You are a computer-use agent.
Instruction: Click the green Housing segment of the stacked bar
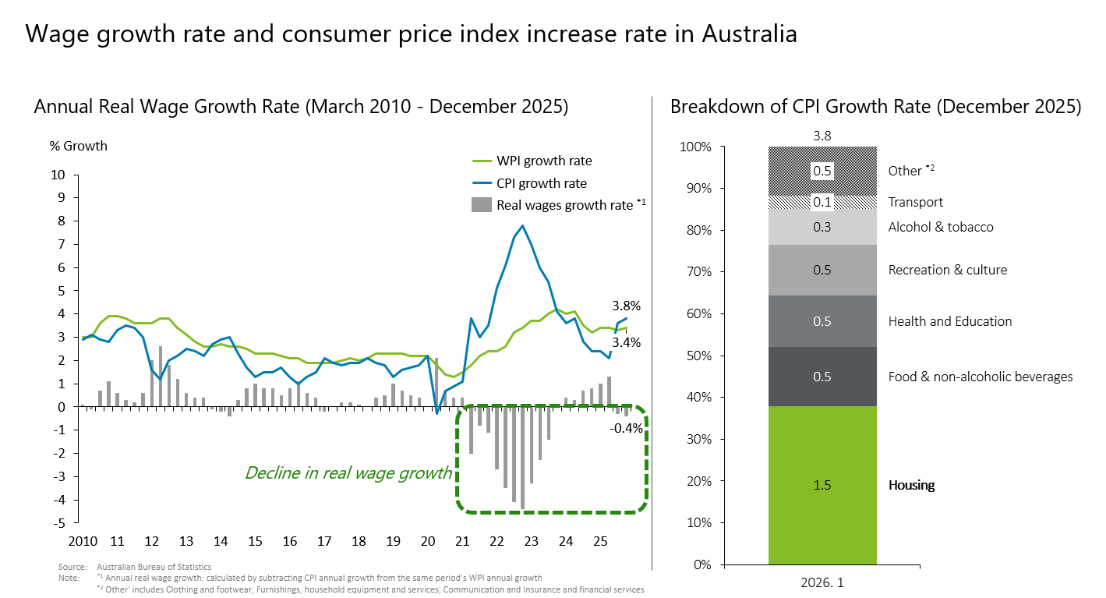[822, 485]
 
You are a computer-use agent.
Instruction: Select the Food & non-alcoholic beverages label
[981, 377]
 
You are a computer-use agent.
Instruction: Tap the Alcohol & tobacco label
[941, 227]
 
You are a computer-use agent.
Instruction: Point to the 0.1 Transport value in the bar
[822, 203]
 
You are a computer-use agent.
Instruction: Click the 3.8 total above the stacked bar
[822, 136]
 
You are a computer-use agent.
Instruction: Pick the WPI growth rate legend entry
[543, 161]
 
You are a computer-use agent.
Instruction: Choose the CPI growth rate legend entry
[541, 183]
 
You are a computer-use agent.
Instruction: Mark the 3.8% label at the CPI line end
[626, 305]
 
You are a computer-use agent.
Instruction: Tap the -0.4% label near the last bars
[627, 427]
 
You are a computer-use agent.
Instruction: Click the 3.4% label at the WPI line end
[626, 341]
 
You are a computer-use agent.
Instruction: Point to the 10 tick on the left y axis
[58, 175]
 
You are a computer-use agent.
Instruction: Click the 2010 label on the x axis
[83, 541]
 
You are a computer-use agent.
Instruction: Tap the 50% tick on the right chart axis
[698, 356]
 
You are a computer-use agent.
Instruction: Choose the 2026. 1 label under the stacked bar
[822, 582]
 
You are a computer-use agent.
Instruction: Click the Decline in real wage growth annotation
[348, 472]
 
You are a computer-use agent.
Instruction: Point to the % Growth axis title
[79, 146]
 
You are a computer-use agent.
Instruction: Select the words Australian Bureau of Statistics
[154, 566]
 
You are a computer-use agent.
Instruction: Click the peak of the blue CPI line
[522, 226]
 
